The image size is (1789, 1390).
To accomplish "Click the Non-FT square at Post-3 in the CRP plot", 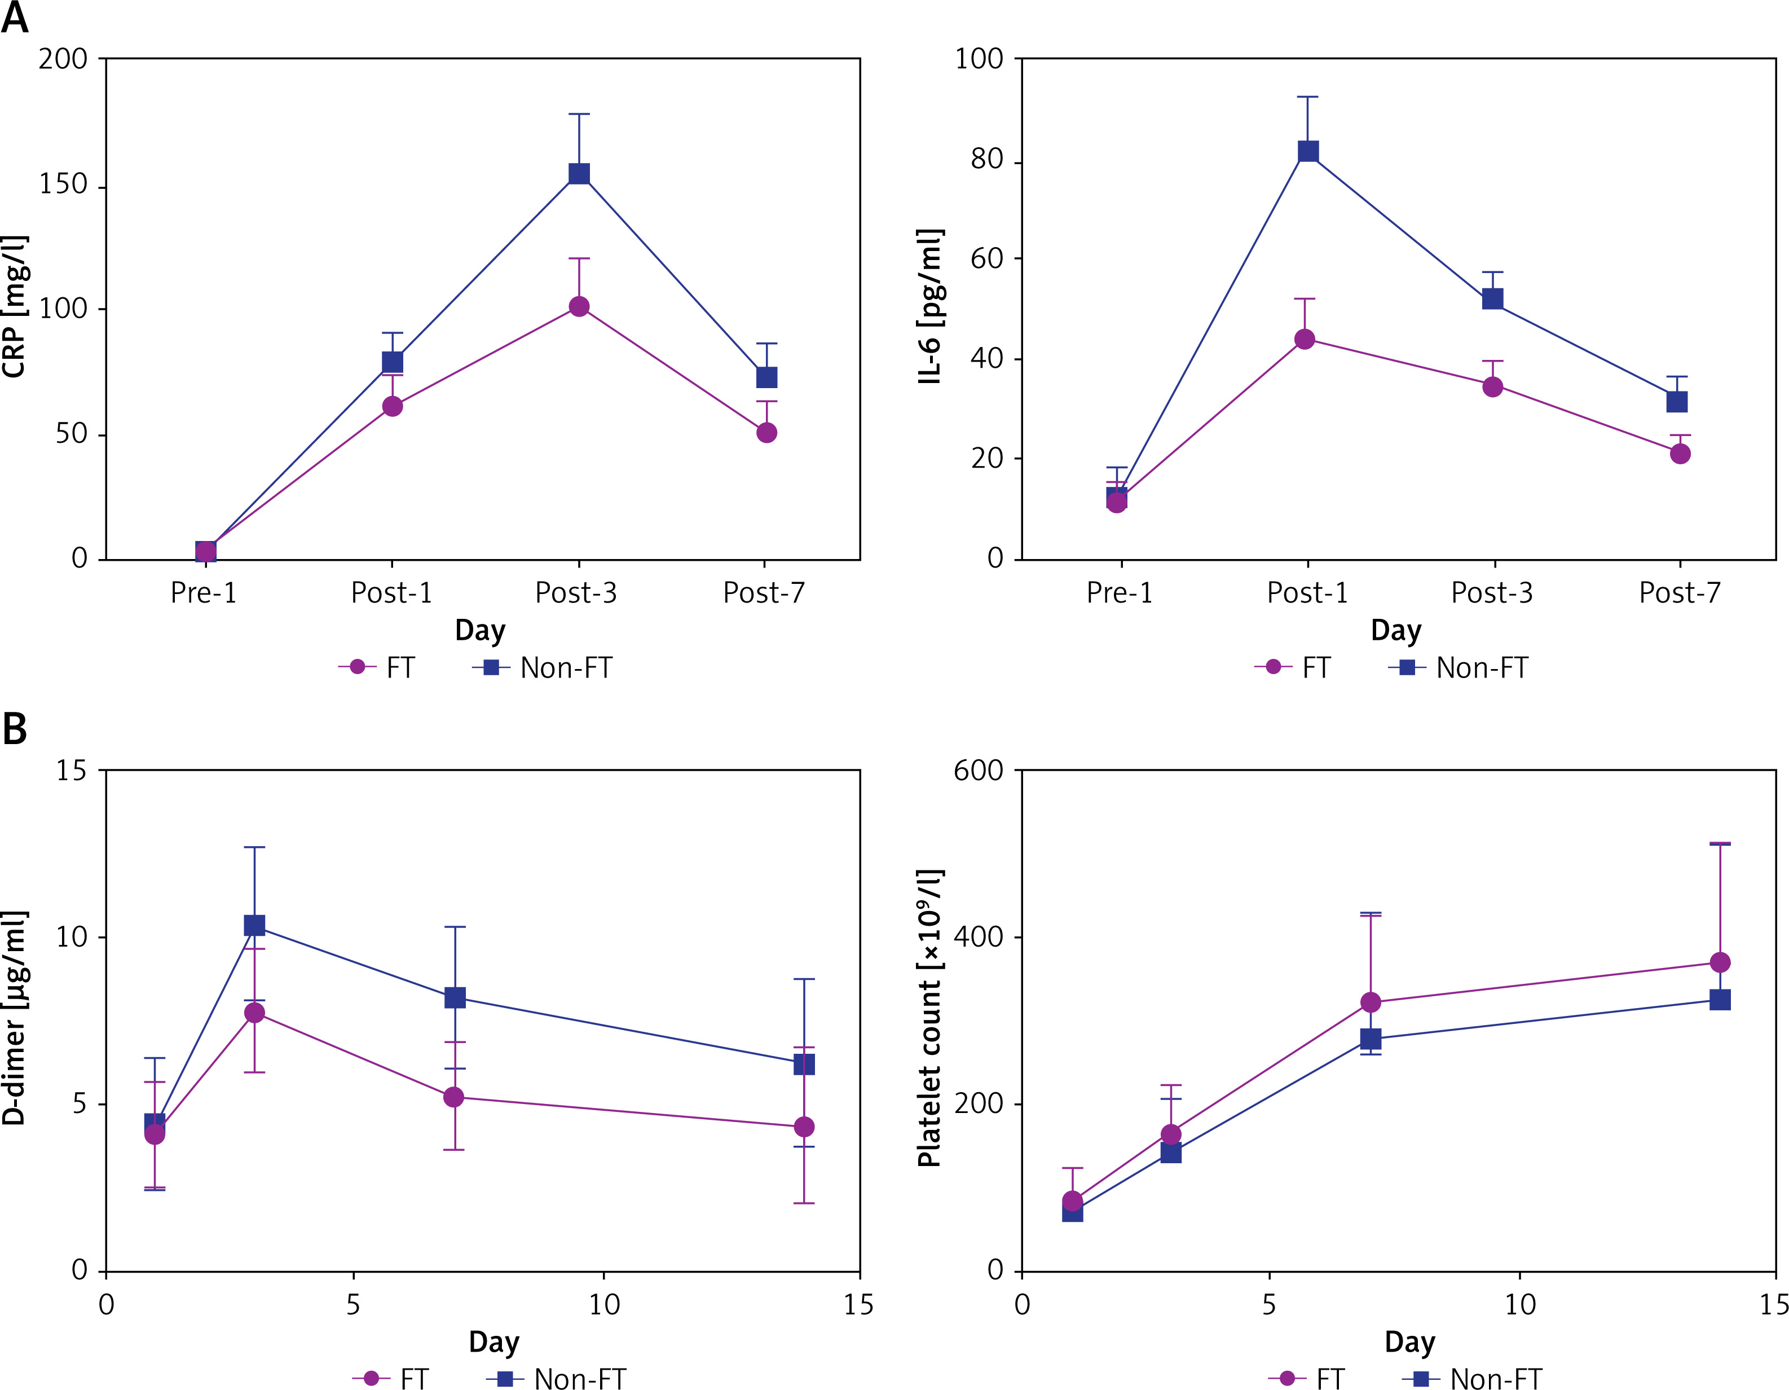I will (x=579, y=174).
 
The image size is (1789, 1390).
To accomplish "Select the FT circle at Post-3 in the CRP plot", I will (x=579, y=307).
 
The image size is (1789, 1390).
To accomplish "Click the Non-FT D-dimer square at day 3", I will (x=255, y=926).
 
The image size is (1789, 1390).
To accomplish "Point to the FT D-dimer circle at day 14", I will (x=804, y=1127).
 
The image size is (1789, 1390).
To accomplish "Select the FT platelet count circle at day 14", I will (x=1720, y=962).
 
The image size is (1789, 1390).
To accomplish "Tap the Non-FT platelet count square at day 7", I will (x=1371, y=1039).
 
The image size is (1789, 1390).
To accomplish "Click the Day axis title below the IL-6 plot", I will (x=1396, y=631).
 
